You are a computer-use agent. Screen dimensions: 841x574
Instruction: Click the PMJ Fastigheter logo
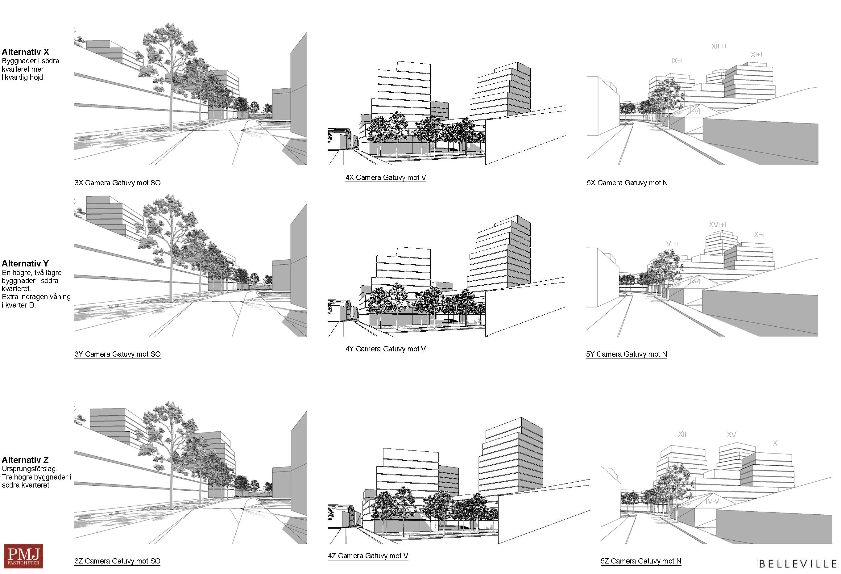23,556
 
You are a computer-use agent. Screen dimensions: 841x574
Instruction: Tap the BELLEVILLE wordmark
797,564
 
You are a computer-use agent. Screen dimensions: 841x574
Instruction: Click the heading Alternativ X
25,52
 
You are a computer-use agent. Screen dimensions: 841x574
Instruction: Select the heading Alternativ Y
25,263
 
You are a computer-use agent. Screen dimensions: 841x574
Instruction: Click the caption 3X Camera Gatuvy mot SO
118,183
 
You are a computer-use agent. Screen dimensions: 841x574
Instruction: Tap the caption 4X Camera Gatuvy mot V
385,178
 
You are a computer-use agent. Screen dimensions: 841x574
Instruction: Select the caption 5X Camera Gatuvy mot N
627,183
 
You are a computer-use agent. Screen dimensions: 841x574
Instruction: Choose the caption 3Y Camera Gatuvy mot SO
118,354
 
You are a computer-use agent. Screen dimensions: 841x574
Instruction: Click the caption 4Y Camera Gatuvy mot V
385,349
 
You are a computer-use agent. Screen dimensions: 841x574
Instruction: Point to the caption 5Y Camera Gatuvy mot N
626,354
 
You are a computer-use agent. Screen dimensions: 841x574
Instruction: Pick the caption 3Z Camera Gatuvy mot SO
118,561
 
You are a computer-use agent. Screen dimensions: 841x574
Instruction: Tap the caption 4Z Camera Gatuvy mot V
368,555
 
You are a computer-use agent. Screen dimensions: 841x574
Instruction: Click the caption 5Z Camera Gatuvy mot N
641,561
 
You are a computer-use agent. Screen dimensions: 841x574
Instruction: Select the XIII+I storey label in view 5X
719,46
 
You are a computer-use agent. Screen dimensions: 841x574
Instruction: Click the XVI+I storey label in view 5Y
717,225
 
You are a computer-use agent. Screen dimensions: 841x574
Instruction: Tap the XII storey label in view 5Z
682,434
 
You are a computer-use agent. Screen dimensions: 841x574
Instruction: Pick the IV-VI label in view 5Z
713,501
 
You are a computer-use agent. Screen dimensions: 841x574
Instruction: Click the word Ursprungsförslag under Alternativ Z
29,469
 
